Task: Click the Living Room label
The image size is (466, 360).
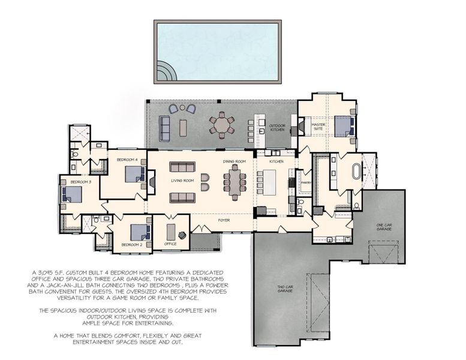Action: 182,181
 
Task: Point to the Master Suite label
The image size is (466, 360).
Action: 317,127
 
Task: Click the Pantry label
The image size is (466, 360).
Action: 305,182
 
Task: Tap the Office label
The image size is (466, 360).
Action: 171,244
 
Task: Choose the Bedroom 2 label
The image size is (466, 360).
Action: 131,245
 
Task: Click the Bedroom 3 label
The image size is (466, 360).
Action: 80,181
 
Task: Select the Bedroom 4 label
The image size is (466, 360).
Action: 127,160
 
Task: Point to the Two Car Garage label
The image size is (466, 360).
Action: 285,289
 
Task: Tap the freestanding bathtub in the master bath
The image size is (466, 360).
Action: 358,170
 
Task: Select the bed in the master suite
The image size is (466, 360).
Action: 343,127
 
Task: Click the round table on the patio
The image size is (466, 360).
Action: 222,125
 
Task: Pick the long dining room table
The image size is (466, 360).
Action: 234,182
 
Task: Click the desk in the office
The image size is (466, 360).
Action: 171,230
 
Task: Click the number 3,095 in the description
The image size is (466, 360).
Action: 57,272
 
